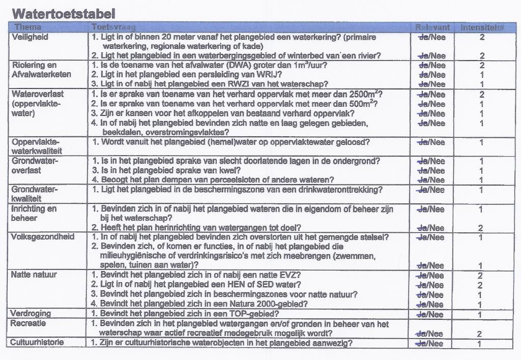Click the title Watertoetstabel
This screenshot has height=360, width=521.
[x=63, y=13]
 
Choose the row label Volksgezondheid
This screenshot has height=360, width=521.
[x=43, y=237]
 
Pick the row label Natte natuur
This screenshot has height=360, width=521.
[x=34, y=275]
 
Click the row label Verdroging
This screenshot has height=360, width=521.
[x=31, y=313]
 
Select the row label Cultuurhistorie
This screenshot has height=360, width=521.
[x=37, y=343]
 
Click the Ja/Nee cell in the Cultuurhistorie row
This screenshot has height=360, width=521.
[x=430, y=344]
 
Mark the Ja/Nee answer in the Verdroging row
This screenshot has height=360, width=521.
[x=430, y=315]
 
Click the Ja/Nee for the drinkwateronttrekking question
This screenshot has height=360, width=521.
[x=430, y=190]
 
